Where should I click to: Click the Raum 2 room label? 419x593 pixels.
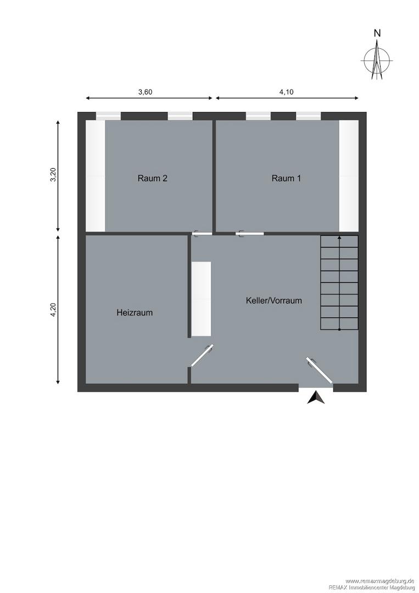point(152,178)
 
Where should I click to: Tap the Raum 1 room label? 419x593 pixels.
point(286,178)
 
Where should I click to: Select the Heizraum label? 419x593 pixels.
point(135,313)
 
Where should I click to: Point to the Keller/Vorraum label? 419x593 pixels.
point(274,301)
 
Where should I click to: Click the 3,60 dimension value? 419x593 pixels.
point(145,92)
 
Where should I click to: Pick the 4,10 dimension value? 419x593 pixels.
point(286,92)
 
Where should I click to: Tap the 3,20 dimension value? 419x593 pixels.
point(53,175)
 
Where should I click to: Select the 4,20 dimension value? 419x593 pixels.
point(53,310)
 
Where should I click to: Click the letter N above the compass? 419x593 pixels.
point(377,33)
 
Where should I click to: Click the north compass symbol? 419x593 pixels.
point(377,60)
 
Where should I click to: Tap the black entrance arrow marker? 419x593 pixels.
point(316,398)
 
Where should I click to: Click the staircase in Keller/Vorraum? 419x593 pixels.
point(339,283)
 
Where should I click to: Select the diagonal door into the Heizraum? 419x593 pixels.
point(202,355)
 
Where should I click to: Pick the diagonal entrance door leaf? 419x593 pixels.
point(320,370)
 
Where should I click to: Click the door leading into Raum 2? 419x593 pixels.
point(202,234)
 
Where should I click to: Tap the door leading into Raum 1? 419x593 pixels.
point(249,234)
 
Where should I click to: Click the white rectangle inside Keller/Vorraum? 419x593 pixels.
point(201,299)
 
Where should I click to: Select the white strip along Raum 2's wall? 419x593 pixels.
point(96,176)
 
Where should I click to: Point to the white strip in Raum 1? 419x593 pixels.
point(348,176)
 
